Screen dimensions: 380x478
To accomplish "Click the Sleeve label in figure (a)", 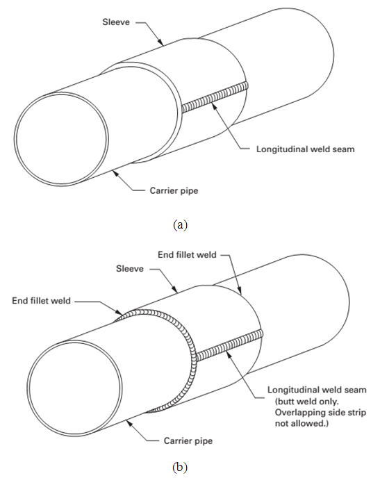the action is pyautogui.click(x=116, y=22).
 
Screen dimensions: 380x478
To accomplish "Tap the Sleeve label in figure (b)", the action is pyautogui.click(x=129, y=269).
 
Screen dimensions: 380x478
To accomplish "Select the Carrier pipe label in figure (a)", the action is pyautogui.click(x=174, y=191).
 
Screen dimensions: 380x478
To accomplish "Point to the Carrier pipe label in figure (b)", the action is pyautogui.click(x=188, y=440).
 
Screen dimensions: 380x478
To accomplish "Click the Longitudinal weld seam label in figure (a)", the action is pyautogui.click(x=306, y=149).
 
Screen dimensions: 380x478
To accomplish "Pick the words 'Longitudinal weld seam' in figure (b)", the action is pyautogui.click(x=317, y=390).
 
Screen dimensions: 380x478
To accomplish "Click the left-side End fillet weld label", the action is pyautogui.click(x=41, y=301).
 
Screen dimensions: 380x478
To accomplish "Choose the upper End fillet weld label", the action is pyautogui.click(x=187, y=254).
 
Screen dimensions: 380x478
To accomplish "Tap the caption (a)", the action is pyautogui.click(x=180, y=225).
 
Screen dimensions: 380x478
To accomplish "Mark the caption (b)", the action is pyautogui.click(x=180, y=467).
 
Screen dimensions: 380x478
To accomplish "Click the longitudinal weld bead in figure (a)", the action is pyautogui.click(x=215, y=98).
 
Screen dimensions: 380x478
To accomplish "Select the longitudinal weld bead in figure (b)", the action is pyautogui.click(x=229, y=345).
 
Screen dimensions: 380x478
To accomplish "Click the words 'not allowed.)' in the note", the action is pyautogui.click(x=301, y=423).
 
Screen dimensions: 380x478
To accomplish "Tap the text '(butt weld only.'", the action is pyautogui.click(x=306, y=401).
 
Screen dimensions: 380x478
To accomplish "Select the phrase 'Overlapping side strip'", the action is pyautogui.click(x=320, y=413).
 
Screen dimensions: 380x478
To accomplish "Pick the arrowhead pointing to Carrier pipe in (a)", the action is pyautogui.click(x=115, y=174).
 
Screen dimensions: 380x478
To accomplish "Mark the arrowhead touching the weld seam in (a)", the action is pyautogui.click(x=214, y=106).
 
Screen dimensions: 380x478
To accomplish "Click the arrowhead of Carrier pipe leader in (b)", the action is pyautogui.click(x=129, y=423).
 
